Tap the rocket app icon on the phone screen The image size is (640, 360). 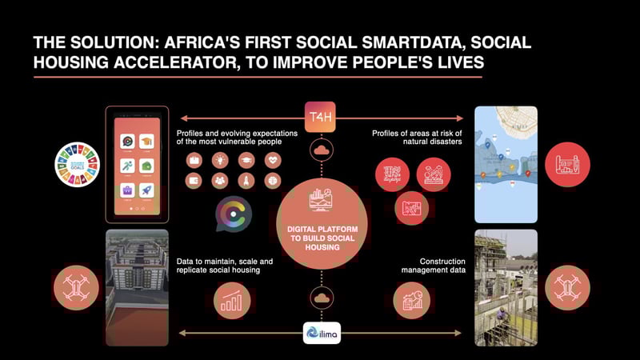147,191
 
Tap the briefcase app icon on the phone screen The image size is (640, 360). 126,191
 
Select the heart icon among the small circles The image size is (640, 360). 273,158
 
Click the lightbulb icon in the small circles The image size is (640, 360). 218,158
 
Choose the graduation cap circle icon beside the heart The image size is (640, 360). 246,158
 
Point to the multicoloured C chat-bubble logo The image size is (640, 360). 234,213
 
